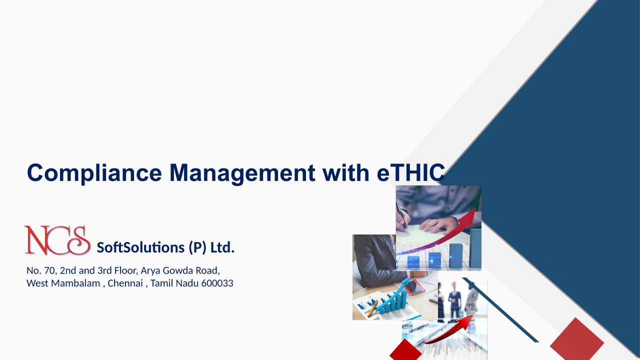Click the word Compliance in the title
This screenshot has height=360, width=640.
[x=94, y=173]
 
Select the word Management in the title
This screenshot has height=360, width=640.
[x=242, y=173]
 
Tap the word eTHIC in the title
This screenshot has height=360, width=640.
[x=411, y=172]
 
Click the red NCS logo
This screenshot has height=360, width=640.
[x=57, y=240]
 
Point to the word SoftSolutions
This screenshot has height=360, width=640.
[x=140, y=247]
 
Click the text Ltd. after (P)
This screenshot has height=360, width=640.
[x=222, y=247]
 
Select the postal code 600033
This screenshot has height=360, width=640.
[x=217, y=283]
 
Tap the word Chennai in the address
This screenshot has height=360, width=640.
[x=125, y=283]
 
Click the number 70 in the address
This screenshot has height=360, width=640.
[x=49, y=270]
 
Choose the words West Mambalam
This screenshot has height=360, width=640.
[x=63, y=283]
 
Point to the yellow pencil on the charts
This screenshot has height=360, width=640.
[x=372, y=308]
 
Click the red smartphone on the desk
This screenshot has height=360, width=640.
[x=415, y=287]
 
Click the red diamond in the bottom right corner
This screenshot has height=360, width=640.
[x=577, y=340]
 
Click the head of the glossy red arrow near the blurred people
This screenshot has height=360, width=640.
[x=465, y=321]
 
